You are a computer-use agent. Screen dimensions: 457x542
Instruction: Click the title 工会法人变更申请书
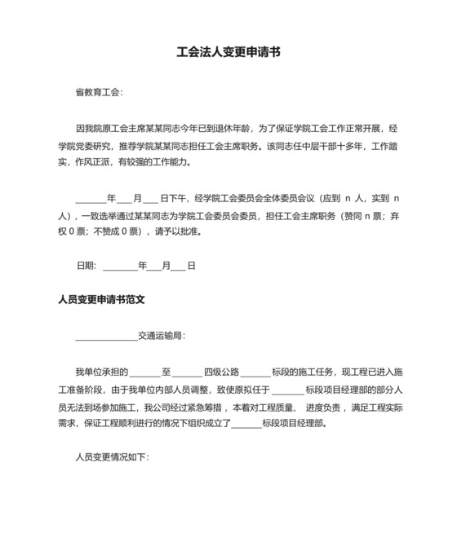click(x=228, y=51)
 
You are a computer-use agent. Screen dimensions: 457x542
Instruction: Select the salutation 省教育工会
click(x=97, y=93)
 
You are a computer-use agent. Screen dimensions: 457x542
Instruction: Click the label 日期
click(x=86, y=266)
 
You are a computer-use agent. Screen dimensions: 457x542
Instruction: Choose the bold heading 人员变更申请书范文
click(x=101, y=300)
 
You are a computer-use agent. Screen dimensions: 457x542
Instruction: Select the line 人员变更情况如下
click(x=112, y=457)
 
